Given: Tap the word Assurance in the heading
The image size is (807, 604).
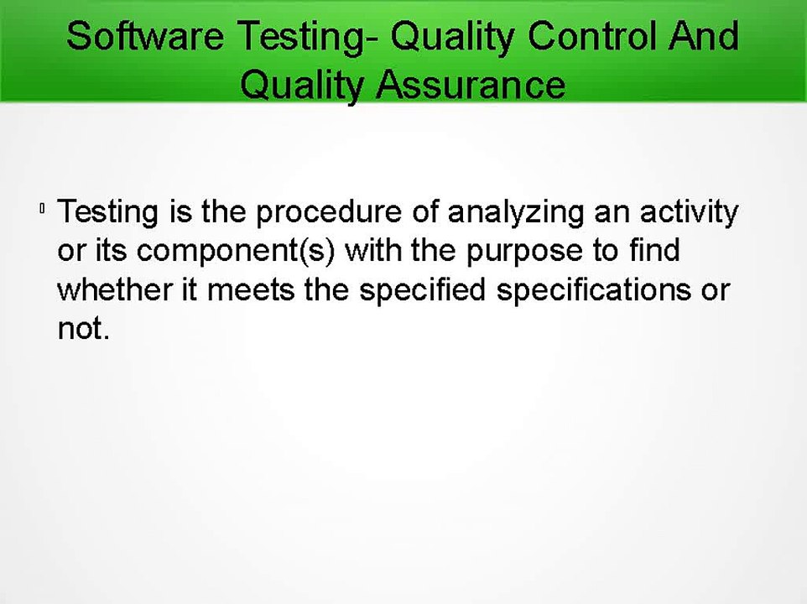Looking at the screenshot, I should tap(471, 85).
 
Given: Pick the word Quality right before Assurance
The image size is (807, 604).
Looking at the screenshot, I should tap(305, 85).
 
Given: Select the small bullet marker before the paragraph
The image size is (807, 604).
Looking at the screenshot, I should tap(41, 210).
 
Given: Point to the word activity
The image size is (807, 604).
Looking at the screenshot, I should tap(689, 212).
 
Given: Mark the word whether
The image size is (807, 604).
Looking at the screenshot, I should tap(111, 290).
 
